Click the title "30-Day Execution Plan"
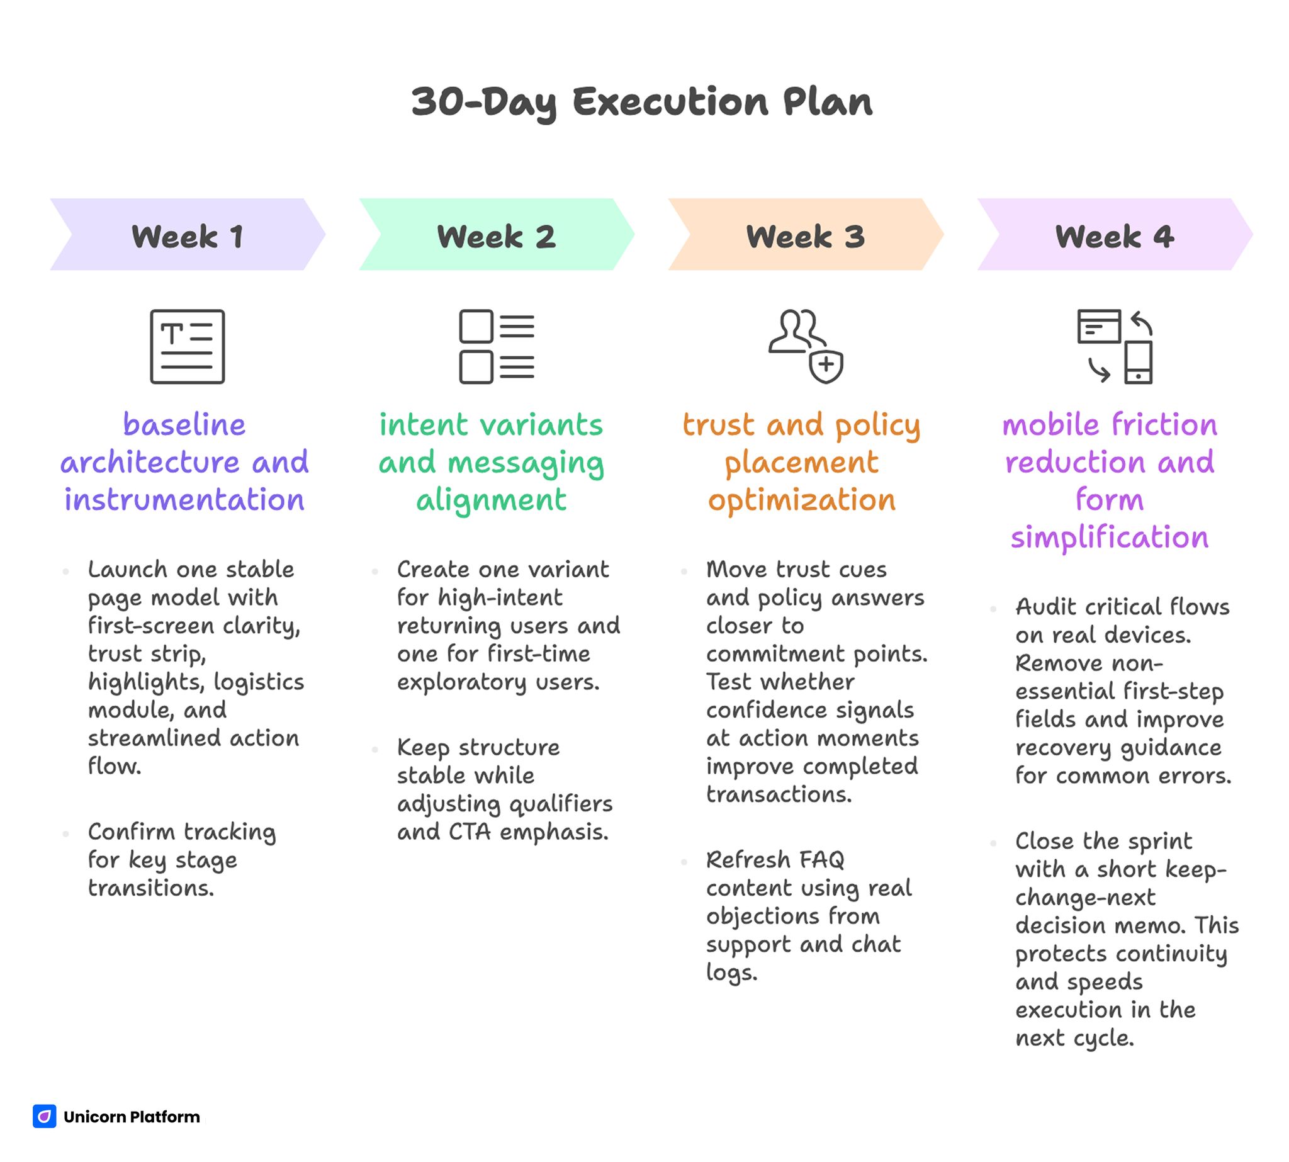[641, 102]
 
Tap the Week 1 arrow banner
[187, 235]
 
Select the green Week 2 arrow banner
[496, 235]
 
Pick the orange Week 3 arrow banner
[805, 235]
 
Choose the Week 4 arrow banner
[1114, 235]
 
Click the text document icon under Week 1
[187, 346]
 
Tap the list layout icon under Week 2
[496, 346]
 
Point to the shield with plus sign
[826, 366]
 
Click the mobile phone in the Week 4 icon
[1138, 361]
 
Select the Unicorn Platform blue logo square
[44, 1116]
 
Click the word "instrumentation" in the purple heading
[184, 499]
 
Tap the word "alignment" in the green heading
[491, 499]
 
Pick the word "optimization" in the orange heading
[801, 499]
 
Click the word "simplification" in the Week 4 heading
[1109, 537]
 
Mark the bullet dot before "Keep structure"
[374, 748]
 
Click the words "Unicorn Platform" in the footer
[132, 1117]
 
